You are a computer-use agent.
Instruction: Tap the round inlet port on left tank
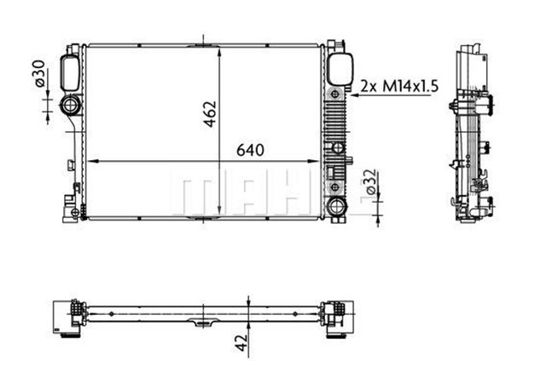(x=70, y=106)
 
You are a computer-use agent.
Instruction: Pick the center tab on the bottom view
(x=202, y=324)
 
